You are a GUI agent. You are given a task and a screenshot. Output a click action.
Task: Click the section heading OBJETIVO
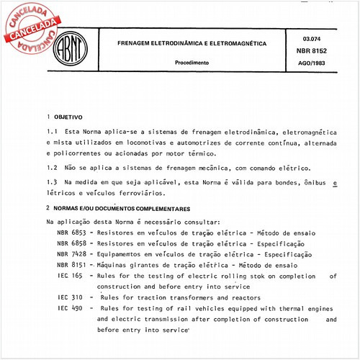(x=68, y=116)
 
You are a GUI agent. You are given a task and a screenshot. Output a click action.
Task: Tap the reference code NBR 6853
(x=71, y=234)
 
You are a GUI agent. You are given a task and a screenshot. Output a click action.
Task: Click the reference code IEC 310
(x=69, y=297)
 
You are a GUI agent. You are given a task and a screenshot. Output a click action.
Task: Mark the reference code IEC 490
(x=69, y=308)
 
